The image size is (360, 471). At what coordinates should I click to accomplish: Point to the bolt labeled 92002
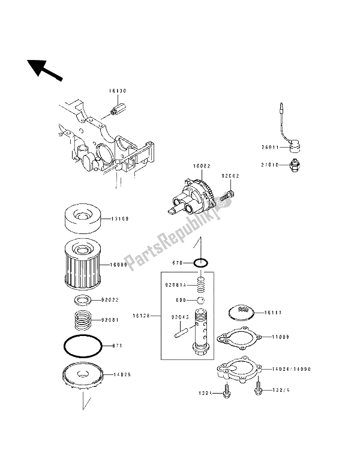229,194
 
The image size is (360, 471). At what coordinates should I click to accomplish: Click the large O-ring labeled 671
83,346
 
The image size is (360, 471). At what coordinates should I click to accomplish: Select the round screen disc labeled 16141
242,311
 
